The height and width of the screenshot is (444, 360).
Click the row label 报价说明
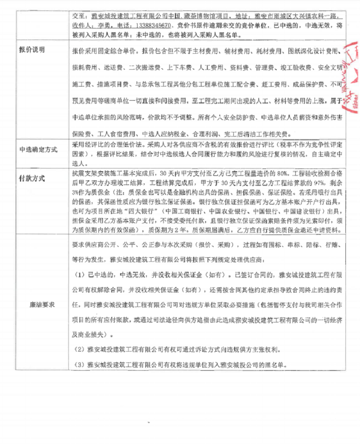click(x=32, y=49)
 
